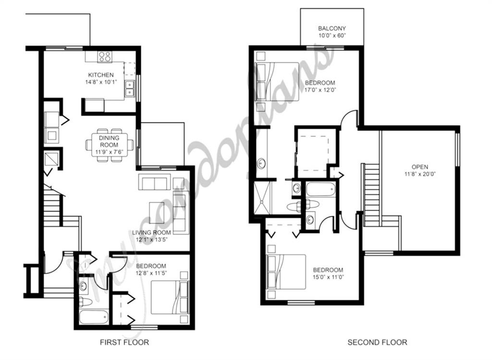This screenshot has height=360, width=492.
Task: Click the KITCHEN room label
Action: [x=100, y=75]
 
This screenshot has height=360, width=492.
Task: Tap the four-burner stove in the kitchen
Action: [x=105, y=56]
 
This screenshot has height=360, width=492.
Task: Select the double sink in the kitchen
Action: [x=129, y=89]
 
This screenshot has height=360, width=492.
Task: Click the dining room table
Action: [x=110, y=145]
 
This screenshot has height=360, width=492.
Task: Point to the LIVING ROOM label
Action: [x=151, y=233]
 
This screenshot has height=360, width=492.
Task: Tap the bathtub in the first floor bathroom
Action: [x=94, y=317]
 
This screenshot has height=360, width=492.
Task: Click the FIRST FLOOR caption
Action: [x=124, y=343]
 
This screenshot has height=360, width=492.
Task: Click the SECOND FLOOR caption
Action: [x=377, y=343]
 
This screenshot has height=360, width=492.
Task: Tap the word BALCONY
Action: [x=332, y=29]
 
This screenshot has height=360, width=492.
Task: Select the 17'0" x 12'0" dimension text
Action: [x=320, y=89]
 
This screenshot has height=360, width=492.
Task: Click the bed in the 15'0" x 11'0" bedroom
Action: [x=286, y=272]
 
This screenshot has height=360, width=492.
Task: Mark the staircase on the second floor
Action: [x=371, y=194]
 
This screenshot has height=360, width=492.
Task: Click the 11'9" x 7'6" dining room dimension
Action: [x=109, y=152]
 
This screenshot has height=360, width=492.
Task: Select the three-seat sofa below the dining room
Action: [x=154, y=183]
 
